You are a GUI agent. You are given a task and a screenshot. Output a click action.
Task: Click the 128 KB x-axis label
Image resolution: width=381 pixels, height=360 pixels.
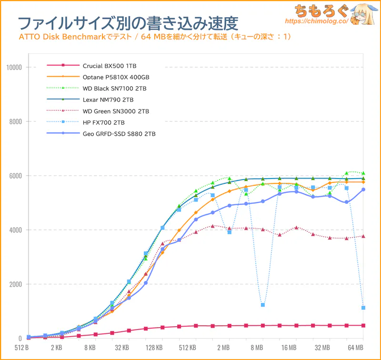pyautogui.click(x=155, y=348)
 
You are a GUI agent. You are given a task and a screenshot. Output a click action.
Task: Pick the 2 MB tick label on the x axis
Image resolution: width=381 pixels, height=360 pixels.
pyautogui.click(x=223, y=348)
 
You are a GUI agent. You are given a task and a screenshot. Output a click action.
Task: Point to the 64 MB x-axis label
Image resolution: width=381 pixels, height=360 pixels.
pyautogui.click(x=355, y=348)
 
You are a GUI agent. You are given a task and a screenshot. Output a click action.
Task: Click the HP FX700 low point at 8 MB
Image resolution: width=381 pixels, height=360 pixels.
pyautogui.click(x=263, y=305)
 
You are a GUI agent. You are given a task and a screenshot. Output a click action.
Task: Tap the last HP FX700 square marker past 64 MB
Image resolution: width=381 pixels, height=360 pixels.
pyautogui.click(x=363, y=308)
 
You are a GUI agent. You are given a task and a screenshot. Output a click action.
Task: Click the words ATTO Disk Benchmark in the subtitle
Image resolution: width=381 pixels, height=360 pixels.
pyautogui.click(x=59, y=37)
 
